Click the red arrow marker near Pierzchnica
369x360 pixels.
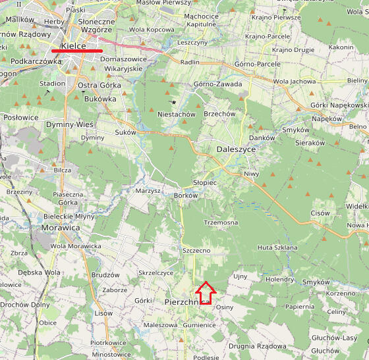pyautogui.click(x=206, y=293)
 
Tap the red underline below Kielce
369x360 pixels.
pyautogui.click(x=77, y=50)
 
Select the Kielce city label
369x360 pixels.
pyautogui.click(x=73, y=45)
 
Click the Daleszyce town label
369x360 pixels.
pyautogui.click(x=236, y=149)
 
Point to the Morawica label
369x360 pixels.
pyautogui.click(x=61, y=228)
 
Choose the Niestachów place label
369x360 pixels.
pyautogui.click(x=177, y=114)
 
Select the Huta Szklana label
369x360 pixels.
pyautogui.click(x=275, y=247)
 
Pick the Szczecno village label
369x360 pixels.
pyautogui.click(x=196, y=251)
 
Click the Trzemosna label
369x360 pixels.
pyautogui.click(x=221, y=222)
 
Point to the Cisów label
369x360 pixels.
pyautogui.click(x=320, y=213)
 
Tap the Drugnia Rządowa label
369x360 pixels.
pyautogui.click(x=258, y=346)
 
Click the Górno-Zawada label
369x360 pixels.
pyautogui.click(x=218, y=84)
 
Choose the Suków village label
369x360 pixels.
pyautogui.click(x=125, y=132)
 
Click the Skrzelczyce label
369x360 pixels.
pyautogui.click(x=156, y=272)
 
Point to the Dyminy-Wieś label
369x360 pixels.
pyautogui.click(x=70, y=124)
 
